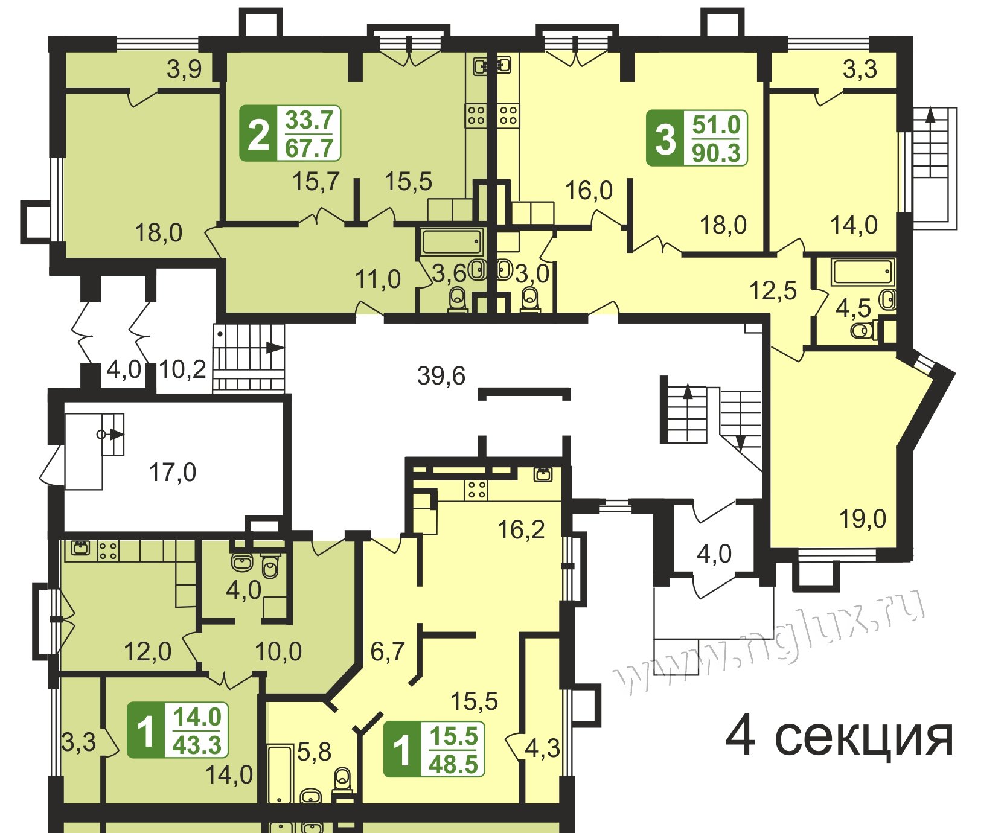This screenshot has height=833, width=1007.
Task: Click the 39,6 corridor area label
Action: [441, 375]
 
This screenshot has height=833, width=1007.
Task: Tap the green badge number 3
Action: [665, 139]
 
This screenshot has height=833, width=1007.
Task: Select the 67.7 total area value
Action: [309, 147]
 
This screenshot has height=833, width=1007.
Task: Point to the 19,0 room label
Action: [863, 519]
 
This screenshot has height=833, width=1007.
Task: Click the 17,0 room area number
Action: [173, 472]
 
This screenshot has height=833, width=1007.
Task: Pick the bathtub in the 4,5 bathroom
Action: [862, 272]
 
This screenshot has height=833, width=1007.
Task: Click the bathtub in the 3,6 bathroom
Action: [452, 241]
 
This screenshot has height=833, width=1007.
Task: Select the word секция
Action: [865, 737]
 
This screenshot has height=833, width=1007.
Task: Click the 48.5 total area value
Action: [453, 764]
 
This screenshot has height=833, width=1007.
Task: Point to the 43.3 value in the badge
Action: [197, 745]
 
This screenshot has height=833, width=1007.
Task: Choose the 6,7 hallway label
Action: [388, 651]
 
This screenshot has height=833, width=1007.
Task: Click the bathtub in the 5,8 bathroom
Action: [280, 774]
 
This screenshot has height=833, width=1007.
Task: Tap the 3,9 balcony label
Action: [184, 70]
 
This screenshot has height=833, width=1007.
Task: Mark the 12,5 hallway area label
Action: [773, 290]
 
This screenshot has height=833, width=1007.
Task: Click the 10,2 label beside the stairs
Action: [184, 369]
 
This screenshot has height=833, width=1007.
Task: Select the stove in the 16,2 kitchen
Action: [476, 490]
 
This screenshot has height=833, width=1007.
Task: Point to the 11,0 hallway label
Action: [378, 279]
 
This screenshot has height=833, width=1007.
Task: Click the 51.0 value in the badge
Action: [716, 125]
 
